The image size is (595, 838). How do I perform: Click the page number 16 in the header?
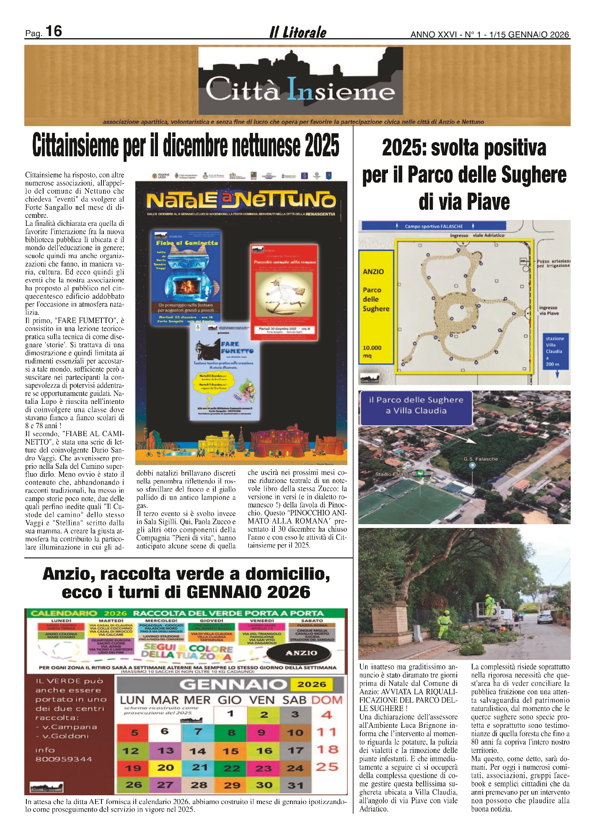[54, 31]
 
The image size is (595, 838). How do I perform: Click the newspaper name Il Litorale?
[298, 32]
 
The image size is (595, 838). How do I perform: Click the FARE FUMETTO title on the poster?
[237, 347]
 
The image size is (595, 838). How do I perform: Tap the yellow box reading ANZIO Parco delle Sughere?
[376, 306]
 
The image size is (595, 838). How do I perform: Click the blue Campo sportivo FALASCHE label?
[434, 226]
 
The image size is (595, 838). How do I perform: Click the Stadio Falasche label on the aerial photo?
[395, 474]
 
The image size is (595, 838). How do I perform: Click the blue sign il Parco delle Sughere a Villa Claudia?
[416, 406]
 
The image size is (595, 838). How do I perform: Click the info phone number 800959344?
[64, 759]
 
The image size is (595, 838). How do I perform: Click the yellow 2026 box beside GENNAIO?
[312, 685]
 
